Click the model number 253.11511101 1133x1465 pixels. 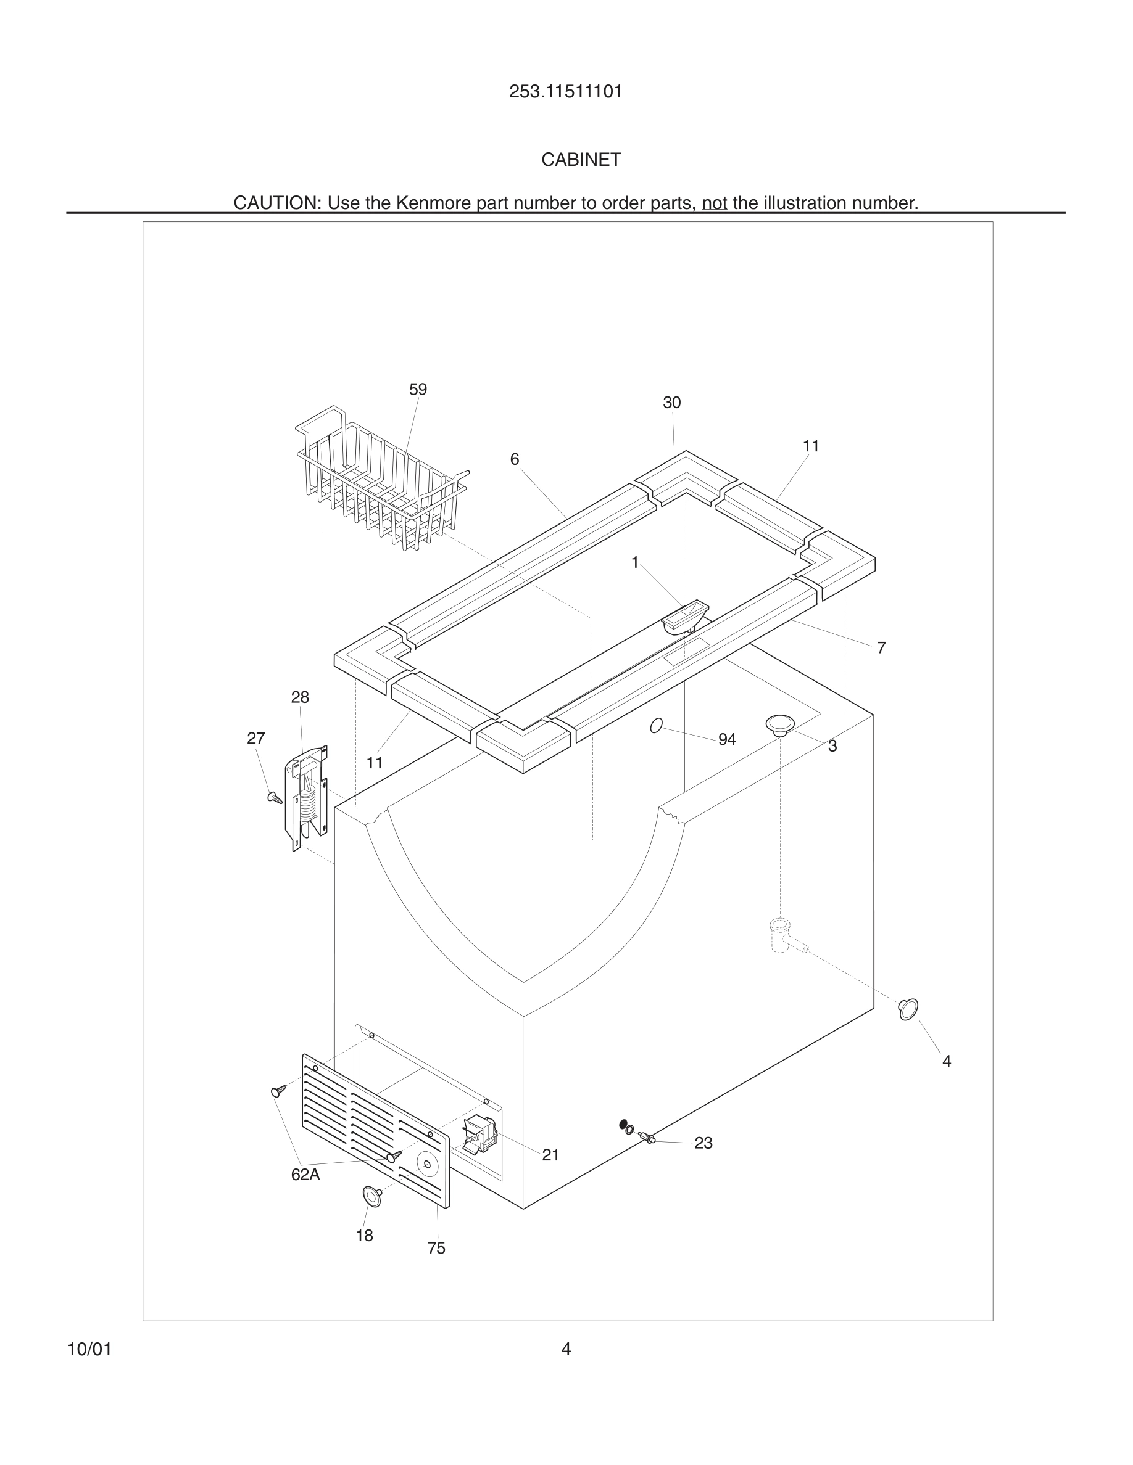[565, 92]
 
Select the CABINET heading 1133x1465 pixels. [581, 160]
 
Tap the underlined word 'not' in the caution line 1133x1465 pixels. [714, 203]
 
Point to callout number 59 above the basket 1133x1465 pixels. [418, 390]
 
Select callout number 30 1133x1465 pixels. [671, 403]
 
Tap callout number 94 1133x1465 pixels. [727, 739]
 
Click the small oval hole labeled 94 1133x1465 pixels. [657, 725]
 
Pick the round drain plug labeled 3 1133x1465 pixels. [780, 724]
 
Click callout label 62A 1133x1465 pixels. [305, 1175]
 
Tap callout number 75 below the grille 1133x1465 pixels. [436, 1248]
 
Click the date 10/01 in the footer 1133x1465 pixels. [89, 1349]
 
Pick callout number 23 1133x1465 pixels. [703, 1143]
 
